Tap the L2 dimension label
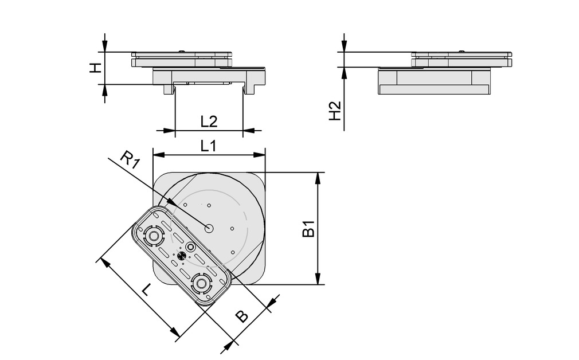[209, 122]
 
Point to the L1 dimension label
[208, 146]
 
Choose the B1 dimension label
[308, 229]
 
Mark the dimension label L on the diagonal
[147, 289]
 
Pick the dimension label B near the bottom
[242, 316]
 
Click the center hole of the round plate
[209, 228]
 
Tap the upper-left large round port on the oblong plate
[153, 235]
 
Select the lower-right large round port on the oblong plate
[201, 283]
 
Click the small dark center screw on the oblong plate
[181, 256]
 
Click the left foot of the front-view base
[168, 89]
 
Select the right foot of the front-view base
[251, 89]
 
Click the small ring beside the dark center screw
[191, 247]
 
